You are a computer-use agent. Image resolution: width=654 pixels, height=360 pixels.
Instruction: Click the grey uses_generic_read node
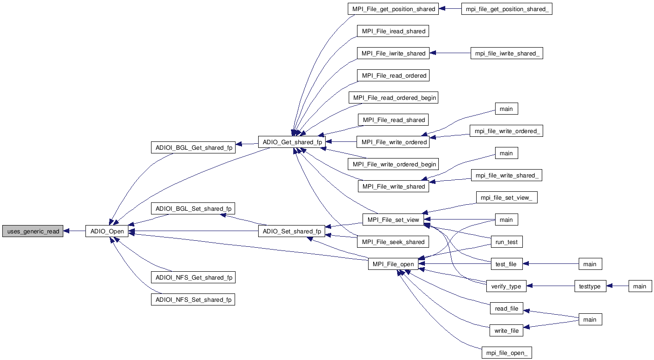pyautogui.click(x=33, y=231)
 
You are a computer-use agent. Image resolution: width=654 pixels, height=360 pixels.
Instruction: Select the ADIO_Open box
pyautogui.click(x=107, y=231)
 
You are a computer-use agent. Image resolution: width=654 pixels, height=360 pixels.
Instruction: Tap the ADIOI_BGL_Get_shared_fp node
pyautogui.click(x=193, y=147)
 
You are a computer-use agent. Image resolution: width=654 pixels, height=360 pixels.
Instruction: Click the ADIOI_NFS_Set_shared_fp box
pyautogui.click(x=193, y=299)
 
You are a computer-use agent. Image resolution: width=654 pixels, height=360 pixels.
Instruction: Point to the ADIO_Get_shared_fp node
pyautogui.click(x=292, y=142)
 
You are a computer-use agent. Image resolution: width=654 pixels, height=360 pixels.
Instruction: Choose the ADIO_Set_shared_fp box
pyautogui.click(x=292, y=231)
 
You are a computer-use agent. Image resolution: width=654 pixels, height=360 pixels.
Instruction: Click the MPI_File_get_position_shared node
pyautogui.click(x=393, y=9)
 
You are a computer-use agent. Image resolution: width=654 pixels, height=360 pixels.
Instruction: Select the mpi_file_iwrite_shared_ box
pyautogui.click(x=506, y=53)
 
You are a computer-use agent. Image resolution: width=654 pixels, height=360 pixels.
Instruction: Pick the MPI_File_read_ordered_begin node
pyautogui.click(x=394, y=98)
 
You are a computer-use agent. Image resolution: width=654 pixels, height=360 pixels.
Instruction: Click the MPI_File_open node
pyautogui.click(x=393, y=264)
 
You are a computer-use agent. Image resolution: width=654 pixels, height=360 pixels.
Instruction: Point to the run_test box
pyautogui.click(x=506, y=242)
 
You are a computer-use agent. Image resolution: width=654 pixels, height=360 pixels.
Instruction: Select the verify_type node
pyautogui.click(x=506, y=286)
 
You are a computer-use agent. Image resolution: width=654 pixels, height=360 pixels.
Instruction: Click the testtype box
pyautogui.click(x=590, y=286)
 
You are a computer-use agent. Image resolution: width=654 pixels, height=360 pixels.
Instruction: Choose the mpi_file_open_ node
pyautogui.click(x=506, y=353)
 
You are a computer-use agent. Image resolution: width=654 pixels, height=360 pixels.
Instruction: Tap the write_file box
pyautogui.click(x=506, y=330)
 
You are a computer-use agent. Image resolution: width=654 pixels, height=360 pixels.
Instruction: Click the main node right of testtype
pyautogui.click(x=640, y=286)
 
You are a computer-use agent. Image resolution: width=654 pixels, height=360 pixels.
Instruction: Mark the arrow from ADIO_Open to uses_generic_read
pyautogui.click(x=74, y=231)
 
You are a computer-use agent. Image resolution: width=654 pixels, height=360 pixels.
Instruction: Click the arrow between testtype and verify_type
pyautogui.click(x=550, y=286)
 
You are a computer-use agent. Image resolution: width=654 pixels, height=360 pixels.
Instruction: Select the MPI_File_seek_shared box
pyautogui.click(x=393, y=242)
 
